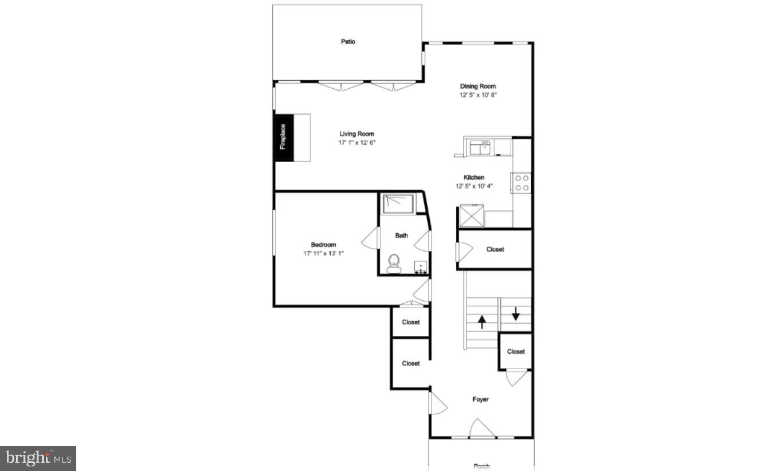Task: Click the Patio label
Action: (x=348, y=41)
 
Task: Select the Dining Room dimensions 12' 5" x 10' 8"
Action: (x=477, y=95)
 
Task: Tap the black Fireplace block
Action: (x=283, y=138)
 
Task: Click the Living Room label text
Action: (x=356, y=134)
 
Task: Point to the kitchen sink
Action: (x=480, y=148)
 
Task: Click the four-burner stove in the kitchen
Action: (x=522, y=183)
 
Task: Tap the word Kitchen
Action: (x=474, y=178)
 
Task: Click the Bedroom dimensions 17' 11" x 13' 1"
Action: (x=324, y=253)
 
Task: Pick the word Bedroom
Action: (x=323, y=245)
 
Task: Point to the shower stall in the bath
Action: (x=398, y=203)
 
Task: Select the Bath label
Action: (x=401, y=235)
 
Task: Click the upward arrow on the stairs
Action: (x=481, y=321)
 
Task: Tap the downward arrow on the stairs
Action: (x=516, y=313)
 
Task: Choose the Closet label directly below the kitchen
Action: (x=495, y=249)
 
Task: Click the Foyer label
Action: (x=480, y=399)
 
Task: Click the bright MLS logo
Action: (x=38, y=458)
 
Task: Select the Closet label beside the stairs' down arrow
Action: (x=516, y=352)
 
